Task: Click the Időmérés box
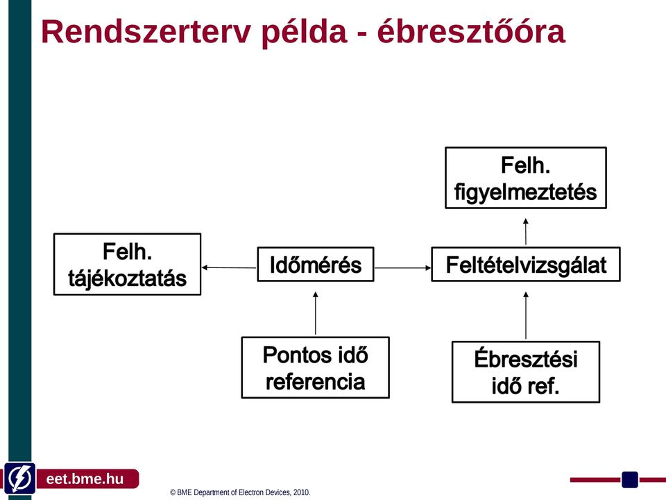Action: tap(316, 264)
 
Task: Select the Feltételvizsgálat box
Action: tap(526, 264)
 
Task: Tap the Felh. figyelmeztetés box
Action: tap(526, 178)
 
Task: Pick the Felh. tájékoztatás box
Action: tap(128, 264)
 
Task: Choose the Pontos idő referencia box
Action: tap(316, 367)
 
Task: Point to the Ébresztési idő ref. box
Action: tap(526, 372)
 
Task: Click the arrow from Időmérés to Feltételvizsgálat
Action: tap(403, 268)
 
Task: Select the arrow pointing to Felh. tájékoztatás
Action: tap(229, 267)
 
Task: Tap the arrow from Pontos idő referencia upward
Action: tap(315, 313)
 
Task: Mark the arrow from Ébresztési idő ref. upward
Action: tap(526, 315)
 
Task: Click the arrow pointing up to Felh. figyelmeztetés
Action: tap(526, 232)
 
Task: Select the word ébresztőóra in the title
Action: tap(471, 31)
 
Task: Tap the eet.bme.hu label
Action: tap(85, 478)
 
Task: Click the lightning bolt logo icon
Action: tap(19, 478)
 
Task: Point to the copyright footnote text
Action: tap(240, 492)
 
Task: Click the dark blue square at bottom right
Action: tap(630, 480)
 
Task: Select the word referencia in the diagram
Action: tap(315, 381)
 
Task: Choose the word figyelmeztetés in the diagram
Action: tap(525, 192)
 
